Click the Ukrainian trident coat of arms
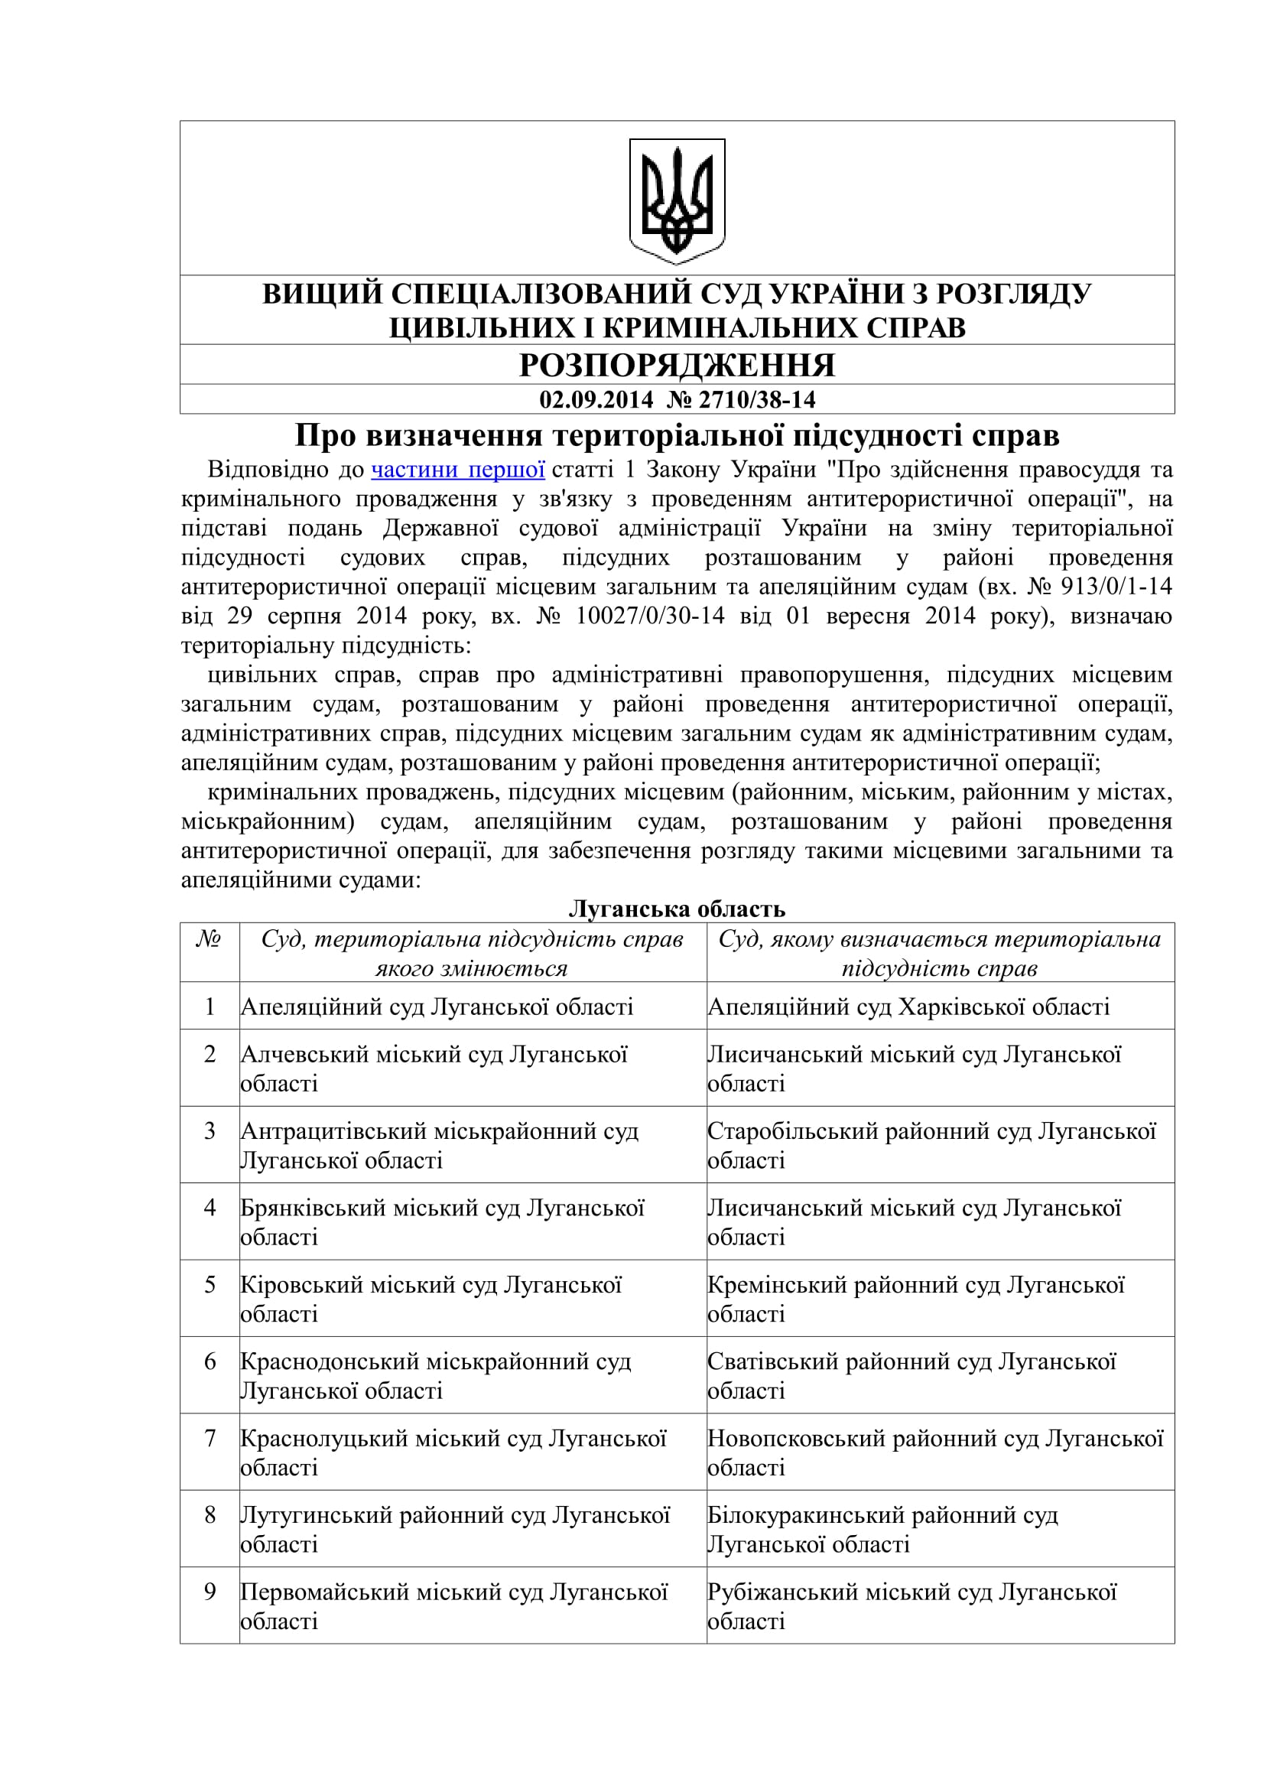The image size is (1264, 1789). tap(677, 200)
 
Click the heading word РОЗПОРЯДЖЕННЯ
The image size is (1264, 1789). tap(677, 365)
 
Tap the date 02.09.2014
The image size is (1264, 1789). tap(596, 400)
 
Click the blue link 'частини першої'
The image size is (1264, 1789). tap(458, 470)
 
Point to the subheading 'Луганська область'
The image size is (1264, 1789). tap(677, 909)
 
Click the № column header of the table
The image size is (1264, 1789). tap(209, 939)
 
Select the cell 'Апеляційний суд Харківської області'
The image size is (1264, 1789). tap(908, 1007)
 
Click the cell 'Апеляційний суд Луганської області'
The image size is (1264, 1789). tap(437, 1007)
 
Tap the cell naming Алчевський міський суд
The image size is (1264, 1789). tap(434, 1069)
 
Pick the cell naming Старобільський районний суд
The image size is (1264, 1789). tap(931, 1146)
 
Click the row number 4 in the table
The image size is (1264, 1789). tap(210, 1208)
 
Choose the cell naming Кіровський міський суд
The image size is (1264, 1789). tap(431, 1299)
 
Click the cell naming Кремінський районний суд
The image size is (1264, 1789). tap(916, 1299)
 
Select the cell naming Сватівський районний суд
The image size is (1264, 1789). tap(911, 1376)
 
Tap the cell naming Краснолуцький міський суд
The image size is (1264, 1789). tap(453, 1452)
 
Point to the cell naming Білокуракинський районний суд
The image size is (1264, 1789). tap(882, 1530)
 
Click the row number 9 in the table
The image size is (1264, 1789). tap(210, 1592)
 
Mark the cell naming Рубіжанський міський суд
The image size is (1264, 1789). tap(911, 1606)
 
